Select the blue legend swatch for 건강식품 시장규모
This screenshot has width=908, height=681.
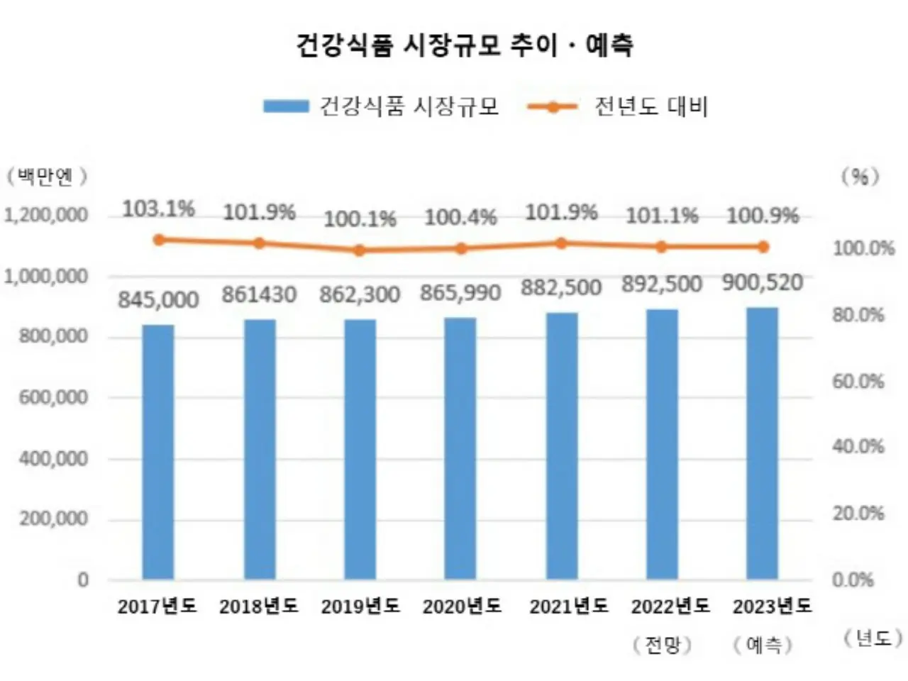click(286, 106)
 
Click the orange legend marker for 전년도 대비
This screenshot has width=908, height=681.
click(553, 107)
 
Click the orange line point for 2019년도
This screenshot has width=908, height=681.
click(360, 250)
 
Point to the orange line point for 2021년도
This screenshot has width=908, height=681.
click(561, 243)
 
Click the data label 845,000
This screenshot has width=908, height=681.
click(158, 300)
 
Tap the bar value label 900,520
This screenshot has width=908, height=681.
click(763, 283)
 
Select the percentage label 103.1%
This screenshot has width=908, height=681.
click(158, 209)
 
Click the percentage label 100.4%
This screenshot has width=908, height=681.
click(460, 217)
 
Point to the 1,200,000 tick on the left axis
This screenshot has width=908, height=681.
click(47, 215)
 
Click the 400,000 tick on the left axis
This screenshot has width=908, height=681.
click(54, 459)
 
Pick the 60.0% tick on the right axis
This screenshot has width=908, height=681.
click(858, 382)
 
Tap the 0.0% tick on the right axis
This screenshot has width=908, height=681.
click(853, 580)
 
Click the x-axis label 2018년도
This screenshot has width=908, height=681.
click(259, 607)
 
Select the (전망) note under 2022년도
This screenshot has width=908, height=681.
click(662, 645)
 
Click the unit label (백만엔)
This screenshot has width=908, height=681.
click(47, 177)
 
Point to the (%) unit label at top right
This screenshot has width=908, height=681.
click(860, 177)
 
